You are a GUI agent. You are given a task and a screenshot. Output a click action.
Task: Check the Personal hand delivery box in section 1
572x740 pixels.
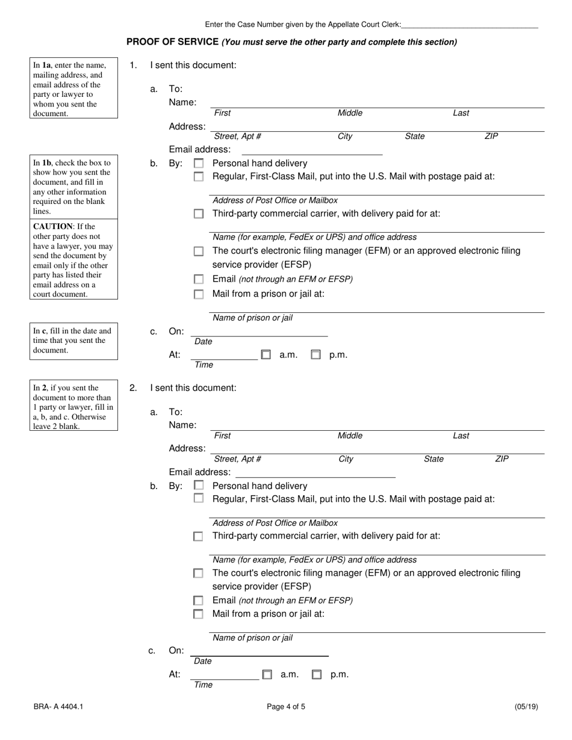click(199, 164)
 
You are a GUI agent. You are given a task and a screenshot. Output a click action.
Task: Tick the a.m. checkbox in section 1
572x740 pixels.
click(266, 355)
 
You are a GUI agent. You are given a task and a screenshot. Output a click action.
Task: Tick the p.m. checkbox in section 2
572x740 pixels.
click(317, 675)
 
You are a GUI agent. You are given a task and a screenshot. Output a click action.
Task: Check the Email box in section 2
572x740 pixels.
click(198, 600)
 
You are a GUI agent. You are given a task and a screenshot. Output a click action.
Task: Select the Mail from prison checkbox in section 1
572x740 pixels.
click(199, 294)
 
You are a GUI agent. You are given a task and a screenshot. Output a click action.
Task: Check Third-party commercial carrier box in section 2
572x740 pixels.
click(198, 536)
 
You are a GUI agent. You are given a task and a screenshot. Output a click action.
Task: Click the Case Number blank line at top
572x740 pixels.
click(469, 25)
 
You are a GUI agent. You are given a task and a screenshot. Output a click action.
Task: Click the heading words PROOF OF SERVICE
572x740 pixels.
click(172, 42)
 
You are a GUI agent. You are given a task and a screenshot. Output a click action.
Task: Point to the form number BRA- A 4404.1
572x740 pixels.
click(58, 707)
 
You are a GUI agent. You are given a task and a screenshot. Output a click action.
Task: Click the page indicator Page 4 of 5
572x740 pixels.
click(286, 707)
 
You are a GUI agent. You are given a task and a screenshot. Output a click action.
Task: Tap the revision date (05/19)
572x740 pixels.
click(526, 707)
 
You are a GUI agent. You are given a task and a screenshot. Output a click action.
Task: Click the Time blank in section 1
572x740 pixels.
click(224, 355)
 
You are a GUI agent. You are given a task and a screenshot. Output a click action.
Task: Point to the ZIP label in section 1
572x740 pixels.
click(491, 137)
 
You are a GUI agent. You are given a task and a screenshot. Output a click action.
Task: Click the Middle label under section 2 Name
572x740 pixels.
click(350, 436)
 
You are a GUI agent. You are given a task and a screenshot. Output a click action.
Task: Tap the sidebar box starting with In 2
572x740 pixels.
click(73, 407)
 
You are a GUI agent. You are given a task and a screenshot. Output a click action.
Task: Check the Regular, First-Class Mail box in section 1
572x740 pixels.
click(199, 177)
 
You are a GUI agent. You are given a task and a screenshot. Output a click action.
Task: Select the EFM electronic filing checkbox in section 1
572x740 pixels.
click(199, 251)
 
